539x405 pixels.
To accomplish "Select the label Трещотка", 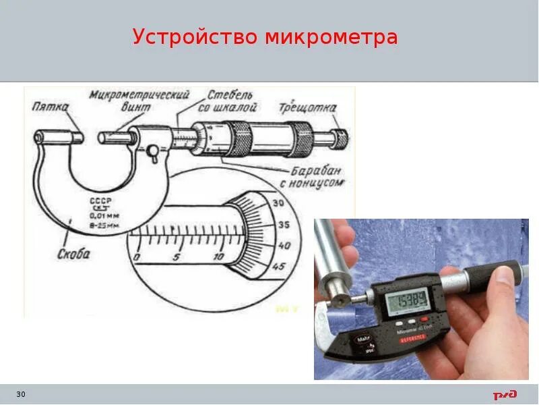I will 308,108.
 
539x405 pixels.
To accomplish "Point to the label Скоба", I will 73,254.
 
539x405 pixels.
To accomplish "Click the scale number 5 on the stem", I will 175,258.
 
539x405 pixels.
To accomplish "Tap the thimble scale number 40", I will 284,246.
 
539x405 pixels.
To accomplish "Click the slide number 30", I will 20,394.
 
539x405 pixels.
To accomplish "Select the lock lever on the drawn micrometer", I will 154,153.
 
